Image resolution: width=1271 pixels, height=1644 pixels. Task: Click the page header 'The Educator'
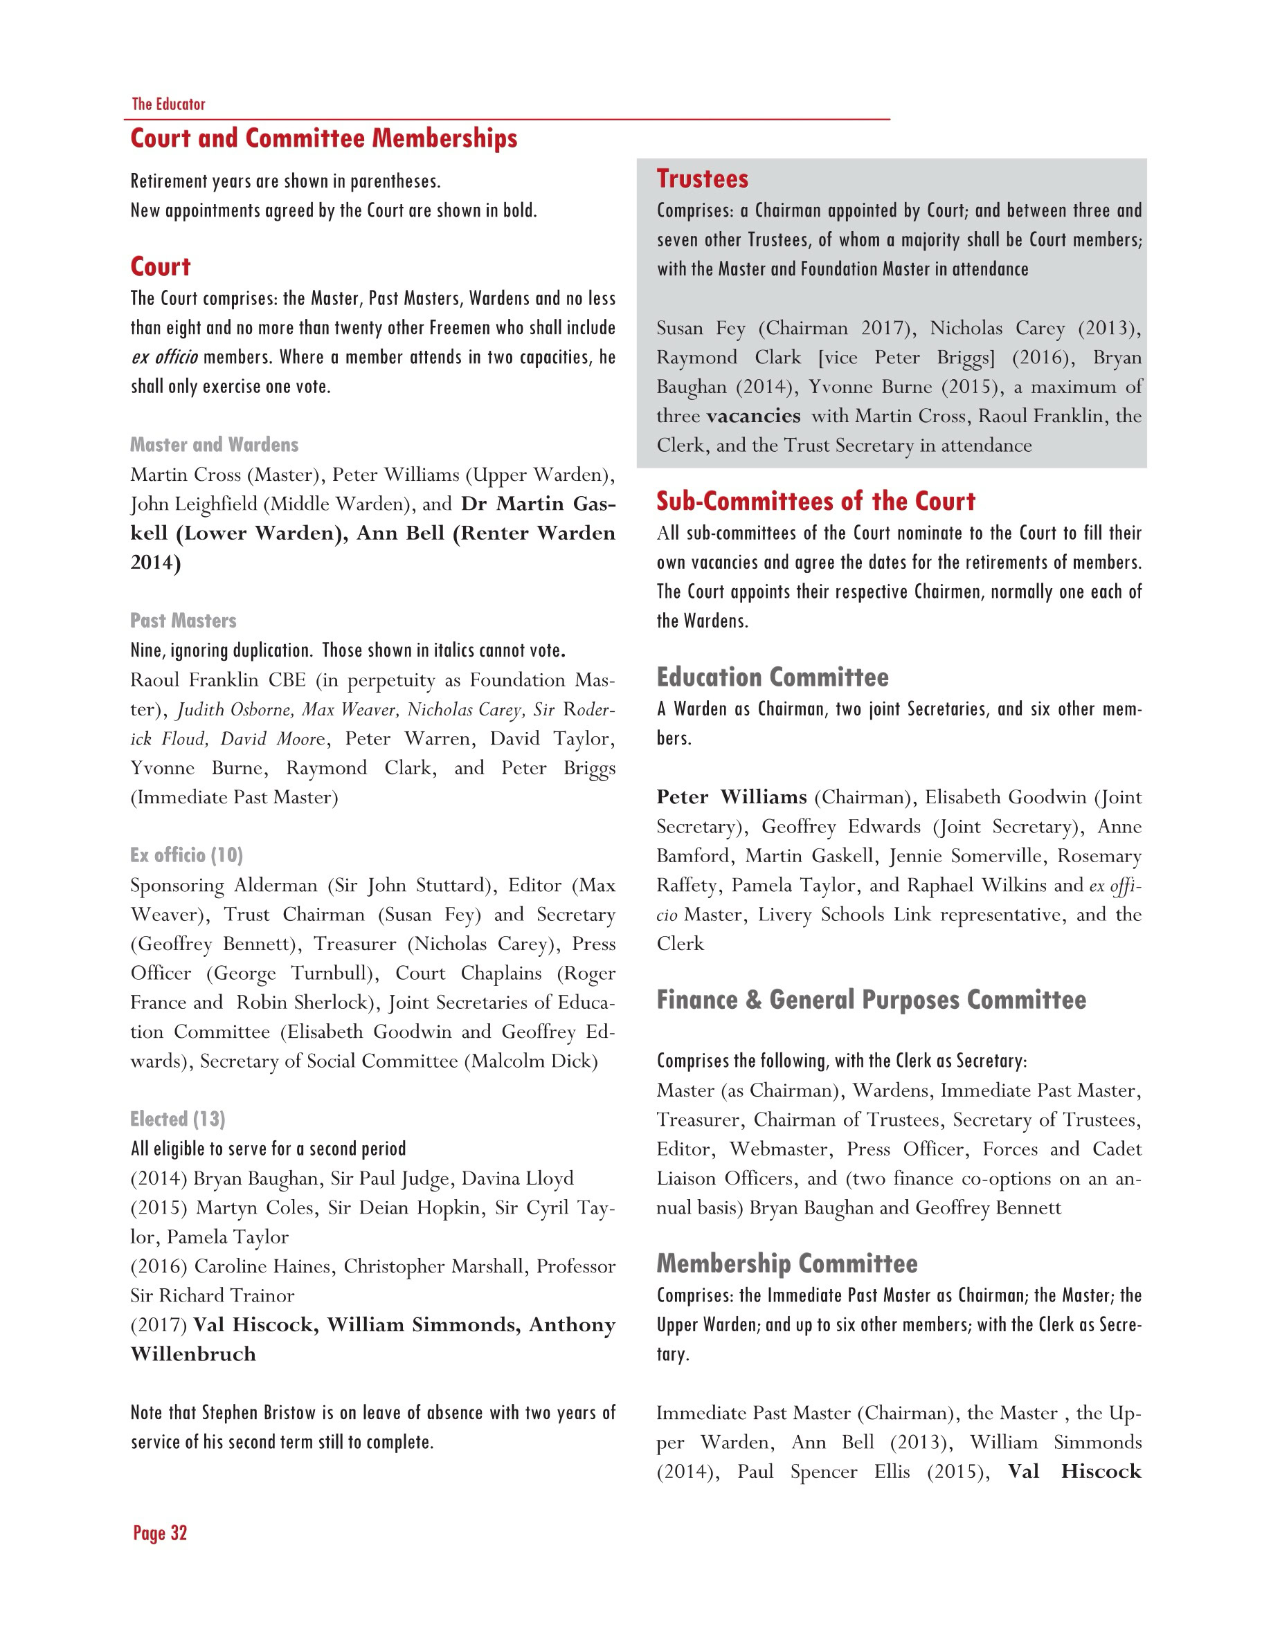pos(168,104)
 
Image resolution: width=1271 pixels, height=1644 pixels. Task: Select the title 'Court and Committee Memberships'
pos(324,138)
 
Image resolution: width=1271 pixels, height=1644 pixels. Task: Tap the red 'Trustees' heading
pos(702,179)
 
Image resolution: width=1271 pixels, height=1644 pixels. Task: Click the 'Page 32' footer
pos(160,1533)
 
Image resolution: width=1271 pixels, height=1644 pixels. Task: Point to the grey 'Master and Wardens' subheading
pos(214,444)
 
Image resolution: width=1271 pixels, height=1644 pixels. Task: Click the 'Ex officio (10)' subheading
pos(186,855)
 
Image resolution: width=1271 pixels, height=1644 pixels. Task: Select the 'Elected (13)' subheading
pos(178,1119)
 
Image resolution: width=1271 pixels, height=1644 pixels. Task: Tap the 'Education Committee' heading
pos(772,677)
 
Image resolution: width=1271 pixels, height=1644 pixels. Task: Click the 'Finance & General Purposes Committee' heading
pos(870,1000)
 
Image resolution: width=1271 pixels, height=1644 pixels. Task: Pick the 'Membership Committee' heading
pos(786,1263)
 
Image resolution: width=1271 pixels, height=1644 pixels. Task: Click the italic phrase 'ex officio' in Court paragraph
pos(165,357)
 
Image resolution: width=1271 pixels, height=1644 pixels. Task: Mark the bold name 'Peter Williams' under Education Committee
pos(731,797)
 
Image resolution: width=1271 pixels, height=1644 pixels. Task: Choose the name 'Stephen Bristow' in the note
pos(258,1413)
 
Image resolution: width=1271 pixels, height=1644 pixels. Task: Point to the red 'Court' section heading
pos(161,266)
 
